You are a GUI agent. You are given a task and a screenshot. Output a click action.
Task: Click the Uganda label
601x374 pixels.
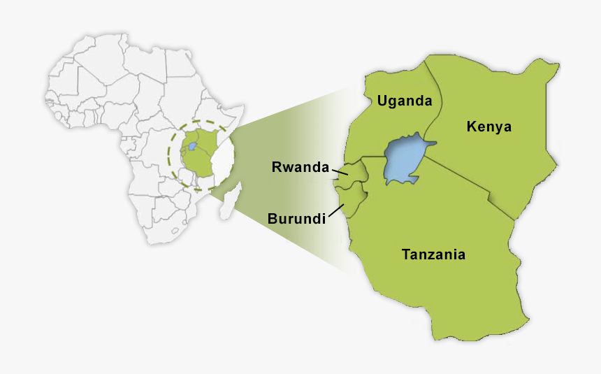tap(405, 101)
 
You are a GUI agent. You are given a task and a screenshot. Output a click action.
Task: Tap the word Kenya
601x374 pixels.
tap(489, 127)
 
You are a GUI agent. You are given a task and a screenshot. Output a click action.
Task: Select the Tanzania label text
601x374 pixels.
tap(433, 254)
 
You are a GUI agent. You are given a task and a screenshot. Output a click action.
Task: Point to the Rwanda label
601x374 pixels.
tap(300, 167)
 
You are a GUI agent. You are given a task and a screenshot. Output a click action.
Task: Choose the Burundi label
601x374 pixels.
tap(297, 219)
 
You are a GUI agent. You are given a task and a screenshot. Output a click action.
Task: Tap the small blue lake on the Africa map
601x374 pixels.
tap(191, 148)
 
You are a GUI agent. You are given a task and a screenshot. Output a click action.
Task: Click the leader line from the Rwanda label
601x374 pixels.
tap(340, 171)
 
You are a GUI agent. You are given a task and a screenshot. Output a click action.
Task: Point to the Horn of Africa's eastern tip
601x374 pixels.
tap(243, 107)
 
